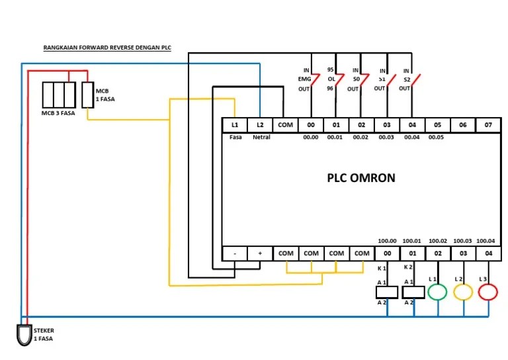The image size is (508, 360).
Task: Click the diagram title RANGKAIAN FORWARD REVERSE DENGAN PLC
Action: pos(106,48)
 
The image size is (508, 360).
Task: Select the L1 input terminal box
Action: pos(234,124)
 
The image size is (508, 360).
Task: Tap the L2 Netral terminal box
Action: pos(260,124)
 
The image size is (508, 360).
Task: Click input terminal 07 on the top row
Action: pos(488,124)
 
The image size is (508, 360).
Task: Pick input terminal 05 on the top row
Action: pos(437,124)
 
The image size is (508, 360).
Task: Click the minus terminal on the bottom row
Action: pos(234,253)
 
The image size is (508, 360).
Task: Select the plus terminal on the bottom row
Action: pos(260,253)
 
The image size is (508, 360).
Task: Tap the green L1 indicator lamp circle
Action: pos(437,291)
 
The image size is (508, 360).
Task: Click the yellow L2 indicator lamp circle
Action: pos(463,291)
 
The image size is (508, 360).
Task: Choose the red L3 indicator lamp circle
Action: pos(488,291)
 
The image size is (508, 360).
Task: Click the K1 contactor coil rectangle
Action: pos(386,292)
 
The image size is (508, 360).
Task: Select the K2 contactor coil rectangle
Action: pos(412,292)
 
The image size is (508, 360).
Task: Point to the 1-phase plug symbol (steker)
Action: pos(24,334)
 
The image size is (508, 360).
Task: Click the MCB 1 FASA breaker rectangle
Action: pos(87,95)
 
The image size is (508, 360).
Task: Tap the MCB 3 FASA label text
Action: pos(58,113)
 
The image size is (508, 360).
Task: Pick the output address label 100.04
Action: pos(486,241)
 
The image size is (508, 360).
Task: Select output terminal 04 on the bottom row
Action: pos(488,253)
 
